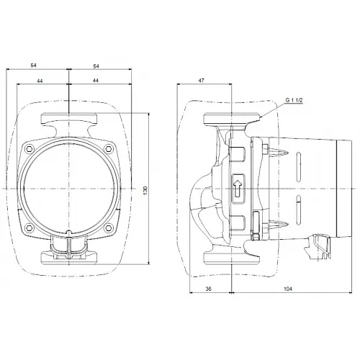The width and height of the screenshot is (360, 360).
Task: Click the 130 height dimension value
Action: tap(146, 188)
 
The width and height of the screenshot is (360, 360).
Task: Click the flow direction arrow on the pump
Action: tap(238, 186)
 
